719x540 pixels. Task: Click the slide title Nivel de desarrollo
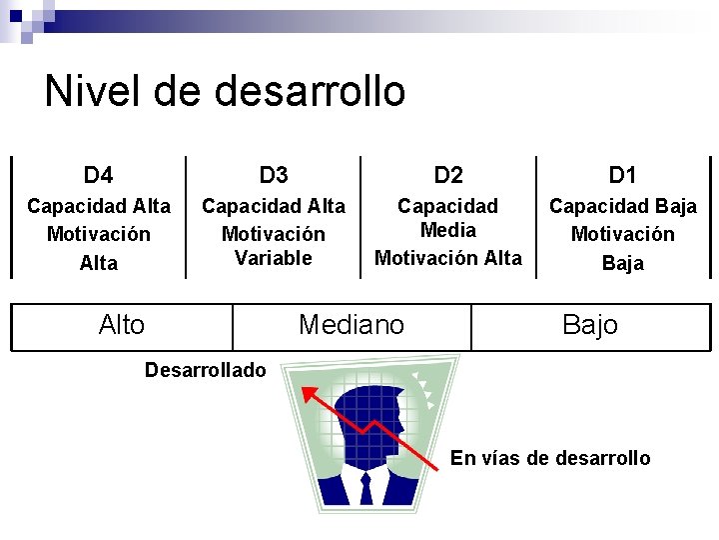(x=225, y=91)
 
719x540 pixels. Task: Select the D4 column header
(x=98, y=176)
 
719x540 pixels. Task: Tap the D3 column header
(x=273, y=176)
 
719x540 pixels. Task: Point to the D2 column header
(x=448, y=176)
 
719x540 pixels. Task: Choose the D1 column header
(x=622, y=176)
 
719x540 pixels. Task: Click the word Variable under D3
(x=273, y=258)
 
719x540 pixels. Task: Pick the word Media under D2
(x=448, y=230)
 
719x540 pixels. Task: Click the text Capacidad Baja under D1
(x=622, y=206)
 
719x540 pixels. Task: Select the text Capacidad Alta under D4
(x=98, y=206)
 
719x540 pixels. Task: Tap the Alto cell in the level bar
(x=122, y=325)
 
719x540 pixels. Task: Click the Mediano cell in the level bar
(x=352, y=325)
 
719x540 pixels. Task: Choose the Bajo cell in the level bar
(x=590, y=325)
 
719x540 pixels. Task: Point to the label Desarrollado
(x=206, y=371)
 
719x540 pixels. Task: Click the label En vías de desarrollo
(x=550, y=458)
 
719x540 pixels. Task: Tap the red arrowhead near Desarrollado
(x=311, y=393)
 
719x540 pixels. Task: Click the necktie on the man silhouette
(x=365, y=488)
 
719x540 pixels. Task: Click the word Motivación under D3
(x=273, y=234)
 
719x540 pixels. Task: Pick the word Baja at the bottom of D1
(x=622, y=263)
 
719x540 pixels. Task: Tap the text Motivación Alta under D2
(x=448, y=258)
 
